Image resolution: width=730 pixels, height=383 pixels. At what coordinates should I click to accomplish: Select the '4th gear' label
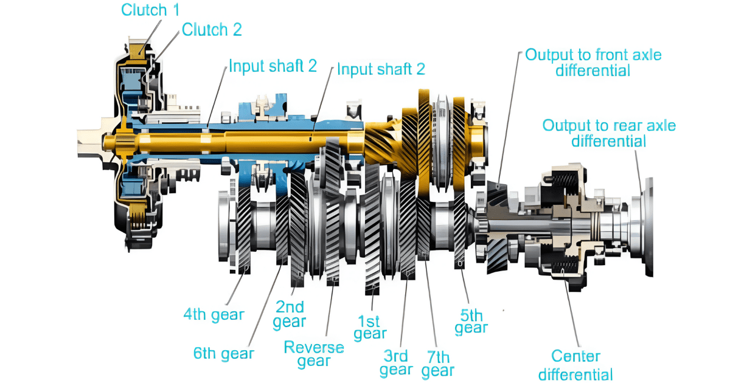pyautogui.click(x=214, y=314)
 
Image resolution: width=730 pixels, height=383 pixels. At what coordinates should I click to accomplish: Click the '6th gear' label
pyautogui.click(x=223, y=353)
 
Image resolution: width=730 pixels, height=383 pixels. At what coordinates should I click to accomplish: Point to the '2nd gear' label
pyautogui.click(x=290, y=314)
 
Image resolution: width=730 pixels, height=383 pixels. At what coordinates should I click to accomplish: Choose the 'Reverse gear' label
pyautogui.click(x=314, y=354)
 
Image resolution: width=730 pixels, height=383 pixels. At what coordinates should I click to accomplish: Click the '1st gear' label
pyautogui.click(x=370, y=327)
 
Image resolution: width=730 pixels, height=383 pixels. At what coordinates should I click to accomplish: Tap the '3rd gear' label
pyautogui.click(x=396, y=363)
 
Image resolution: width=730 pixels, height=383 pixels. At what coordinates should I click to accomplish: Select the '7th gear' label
pyautogui.click(x=438, y=363)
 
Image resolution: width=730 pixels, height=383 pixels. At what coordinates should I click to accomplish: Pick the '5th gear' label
pyautogui.click(x=471, y=322)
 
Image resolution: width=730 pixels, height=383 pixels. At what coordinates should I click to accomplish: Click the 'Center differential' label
pyautogui.click(x=575, y=365)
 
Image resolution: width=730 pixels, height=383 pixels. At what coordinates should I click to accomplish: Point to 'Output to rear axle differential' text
pyautogui.click(x=609, y=133)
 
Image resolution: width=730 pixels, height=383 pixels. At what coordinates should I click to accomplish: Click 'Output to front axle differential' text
pyautogui.click(x=593, y=62)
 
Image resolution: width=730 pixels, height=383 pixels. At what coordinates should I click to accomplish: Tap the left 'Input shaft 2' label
pyautogui.click(x=273, y=66)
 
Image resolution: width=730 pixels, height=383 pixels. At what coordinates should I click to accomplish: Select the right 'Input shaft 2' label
pyautogui.click(x=381, y=69)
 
